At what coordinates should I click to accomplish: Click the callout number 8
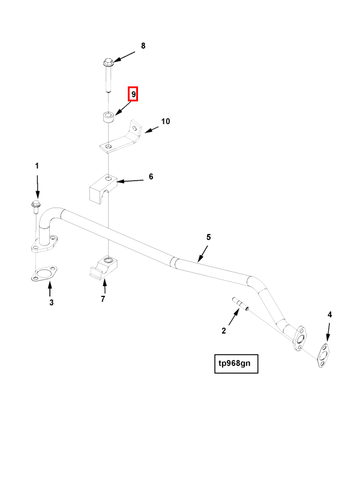point(143,46)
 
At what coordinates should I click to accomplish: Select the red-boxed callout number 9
point(133,94)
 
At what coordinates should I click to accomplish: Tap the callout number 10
point(166,121)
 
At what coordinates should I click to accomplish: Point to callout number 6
point(151,176)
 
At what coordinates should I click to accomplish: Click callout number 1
point(37,166)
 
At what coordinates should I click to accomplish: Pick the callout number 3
point(52,302)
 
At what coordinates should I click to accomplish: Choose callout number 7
point(103,298)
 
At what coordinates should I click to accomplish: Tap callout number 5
point(208,238)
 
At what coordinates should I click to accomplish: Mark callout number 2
point(224,330)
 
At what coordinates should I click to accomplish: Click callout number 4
point(329,314)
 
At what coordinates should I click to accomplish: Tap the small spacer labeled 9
point(108,116)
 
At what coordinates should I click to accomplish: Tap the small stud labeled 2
point(239,305)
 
